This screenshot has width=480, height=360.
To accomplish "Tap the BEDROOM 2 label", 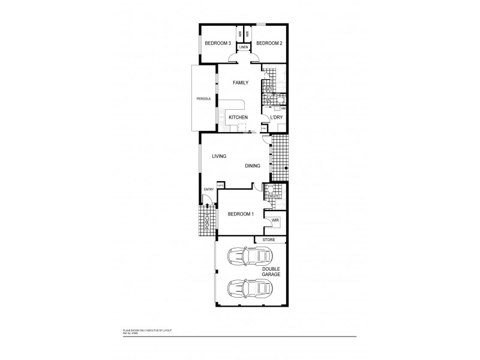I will pyautogui.click(x=269, y=43).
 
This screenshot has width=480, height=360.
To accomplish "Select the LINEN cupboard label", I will pyautogui.click(x=244, y=47).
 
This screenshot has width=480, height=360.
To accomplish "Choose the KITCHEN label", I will pyautogui.click(x=238, y=117).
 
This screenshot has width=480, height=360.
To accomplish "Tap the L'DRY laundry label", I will pyautogui.click(x=276, y=117).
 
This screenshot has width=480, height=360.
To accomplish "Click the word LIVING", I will pyautogui.click(x=218, y=156).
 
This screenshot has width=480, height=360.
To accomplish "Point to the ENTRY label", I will pyautogui.click(x=208, y=190).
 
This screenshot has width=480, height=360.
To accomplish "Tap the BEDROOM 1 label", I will pyautogui.click(x=240, y=214).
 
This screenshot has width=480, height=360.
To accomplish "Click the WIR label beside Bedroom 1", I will pyautogui.click(x=275, y=221).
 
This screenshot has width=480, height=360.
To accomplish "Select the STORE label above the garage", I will pyautogui.click(x=268, y=240).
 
